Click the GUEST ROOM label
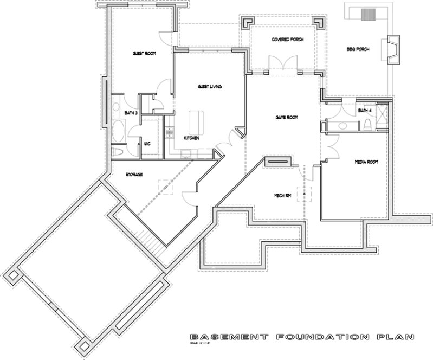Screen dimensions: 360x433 [144, 54]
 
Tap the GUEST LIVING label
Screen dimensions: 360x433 [209, 87]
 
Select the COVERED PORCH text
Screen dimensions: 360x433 [287, 40]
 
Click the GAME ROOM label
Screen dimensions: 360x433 [287, 118]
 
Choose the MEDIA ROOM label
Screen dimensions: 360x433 [366, 162]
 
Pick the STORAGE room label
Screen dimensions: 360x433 [134, 175]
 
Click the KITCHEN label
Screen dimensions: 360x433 [191, 138]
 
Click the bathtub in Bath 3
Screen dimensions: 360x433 [119, 131]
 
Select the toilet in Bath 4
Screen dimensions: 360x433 [367, 125]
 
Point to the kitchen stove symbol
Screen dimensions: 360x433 [169, 131]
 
